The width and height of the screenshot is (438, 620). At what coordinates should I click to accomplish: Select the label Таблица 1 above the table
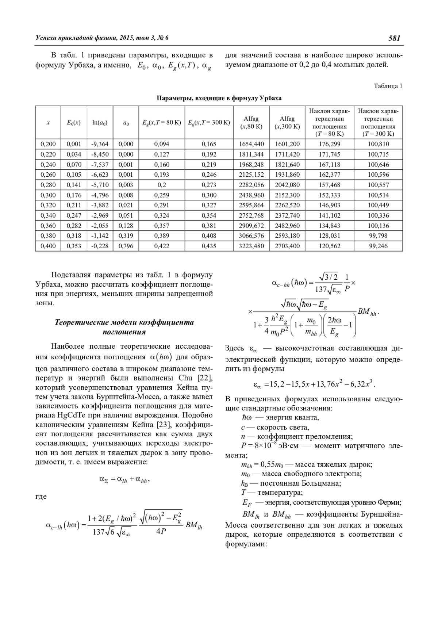tap(388, 86)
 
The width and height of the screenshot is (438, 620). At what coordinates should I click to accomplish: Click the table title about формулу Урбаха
tap(219, 98)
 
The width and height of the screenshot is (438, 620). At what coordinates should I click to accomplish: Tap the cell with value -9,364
tap(100, 144)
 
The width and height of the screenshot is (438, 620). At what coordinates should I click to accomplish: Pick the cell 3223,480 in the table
tap(251, 246)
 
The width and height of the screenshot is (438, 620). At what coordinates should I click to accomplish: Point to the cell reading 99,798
tap(378, 236)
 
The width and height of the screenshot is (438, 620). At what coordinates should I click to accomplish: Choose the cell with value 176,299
tap(330, 144)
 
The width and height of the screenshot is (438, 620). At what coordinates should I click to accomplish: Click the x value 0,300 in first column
tap(48, 195)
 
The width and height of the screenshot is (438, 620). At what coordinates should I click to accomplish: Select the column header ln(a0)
tap(100, 123)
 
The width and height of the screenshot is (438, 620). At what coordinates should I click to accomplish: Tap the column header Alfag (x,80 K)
tap(251, 123)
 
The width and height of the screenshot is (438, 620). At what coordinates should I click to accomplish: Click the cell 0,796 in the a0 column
tap(126, 246)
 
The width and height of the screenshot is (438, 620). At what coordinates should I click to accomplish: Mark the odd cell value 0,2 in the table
tap(162, 185)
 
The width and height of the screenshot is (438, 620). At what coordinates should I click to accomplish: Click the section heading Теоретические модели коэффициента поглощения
tap(124, 327)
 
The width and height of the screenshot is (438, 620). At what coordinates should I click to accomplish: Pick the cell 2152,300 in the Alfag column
tap(287, 195)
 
